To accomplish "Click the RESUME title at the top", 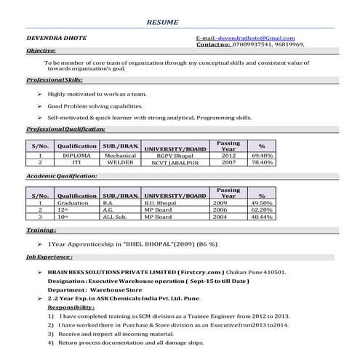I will pyautogui.click(x=161, y=23).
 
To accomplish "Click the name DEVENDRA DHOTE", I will pyautogui.click(x=52, y=37).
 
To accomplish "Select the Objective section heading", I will pyautogui.click(x=41, y=51).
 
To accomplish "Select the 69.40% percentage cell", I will pyautogui.click(x=262, y=156).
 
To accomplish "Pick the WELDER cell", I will pyautogui.click(x=120, y=162).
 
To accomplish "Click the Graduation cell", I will pyautogui.click(x=76, y=203).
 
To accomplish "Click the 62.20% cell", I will pyautogui.click(x=262, y=209).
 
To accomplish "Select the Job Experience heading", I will pyautogui.click(x=49, y=257).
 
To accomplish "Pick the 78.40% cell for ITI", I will pyautogui.click(x=262, y=162).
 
